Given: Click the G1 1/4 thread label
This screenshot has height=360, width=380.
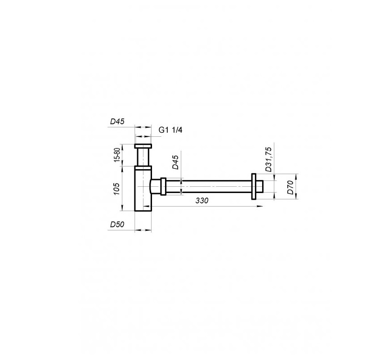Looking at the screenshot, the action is click(170, 130).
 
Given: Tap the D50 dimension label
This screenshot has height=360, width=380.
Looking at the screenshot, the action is click(117, 225).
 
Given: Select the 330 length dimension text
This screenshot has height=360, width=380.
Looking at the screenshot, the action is click(202, 201).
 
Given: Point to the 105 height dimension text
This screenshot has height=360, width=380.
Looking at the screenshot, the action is click(116, 189).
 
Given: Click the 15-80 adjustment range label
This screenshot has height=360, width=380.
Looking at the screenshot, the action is click(117, 154).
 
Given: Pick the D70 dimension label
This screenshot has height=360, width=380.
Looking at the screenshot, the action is click(291, 187).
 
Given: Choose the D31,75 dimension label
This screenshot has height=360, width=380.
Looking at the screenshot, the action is click(268, 159).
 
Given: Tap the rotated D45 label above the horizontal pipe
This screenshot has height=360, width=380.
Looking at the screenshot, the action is click(175, 162).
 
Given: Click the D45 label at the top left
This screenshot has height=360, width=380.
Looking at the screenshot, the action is click(117, 121).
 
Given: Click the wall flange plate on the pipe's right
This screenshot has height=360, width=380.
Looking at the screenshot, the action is click(254, 186).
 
